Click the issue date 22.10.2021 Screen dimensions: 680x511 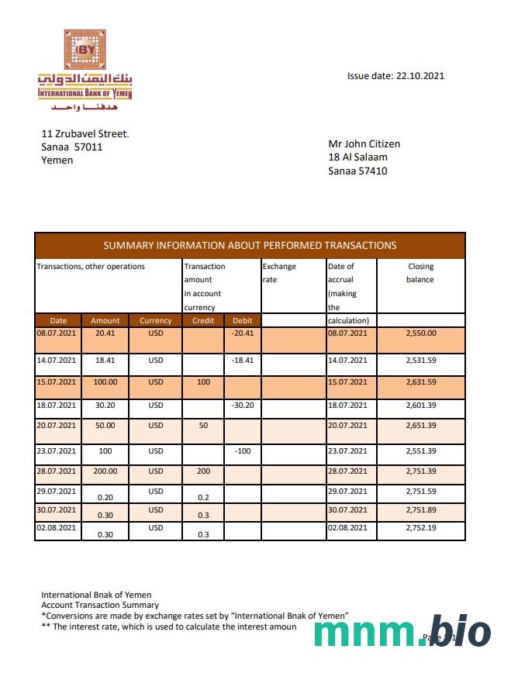395,76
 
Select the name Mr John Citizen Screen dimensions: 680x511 364,143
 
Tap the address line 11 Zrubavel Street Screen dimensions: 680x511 85,133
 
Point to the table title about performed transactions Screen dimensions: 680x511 250,245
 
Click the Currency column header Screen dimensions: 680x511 156,320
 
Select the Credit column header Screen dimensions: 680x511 202,320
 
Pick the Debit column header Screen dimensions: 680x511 243,320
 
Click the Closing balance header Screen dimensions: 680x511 420,272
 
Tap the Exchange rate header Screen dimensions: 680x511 278,272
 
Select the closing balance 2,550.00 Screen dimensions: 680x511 421,333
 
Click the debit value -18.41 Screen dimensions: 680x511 243,361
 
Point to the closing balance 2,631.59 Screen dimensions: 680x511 421,382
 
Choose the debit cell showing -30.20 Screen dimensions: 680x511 243,406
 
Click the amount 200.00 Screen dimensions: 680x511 105,471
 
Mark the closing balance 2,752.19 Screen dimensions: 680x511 421,528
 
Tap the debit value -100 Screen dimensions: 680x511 243,450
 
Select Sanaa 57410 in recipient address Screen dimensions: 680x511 357,171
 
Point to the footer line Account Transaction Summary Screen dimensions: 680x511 100,605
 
